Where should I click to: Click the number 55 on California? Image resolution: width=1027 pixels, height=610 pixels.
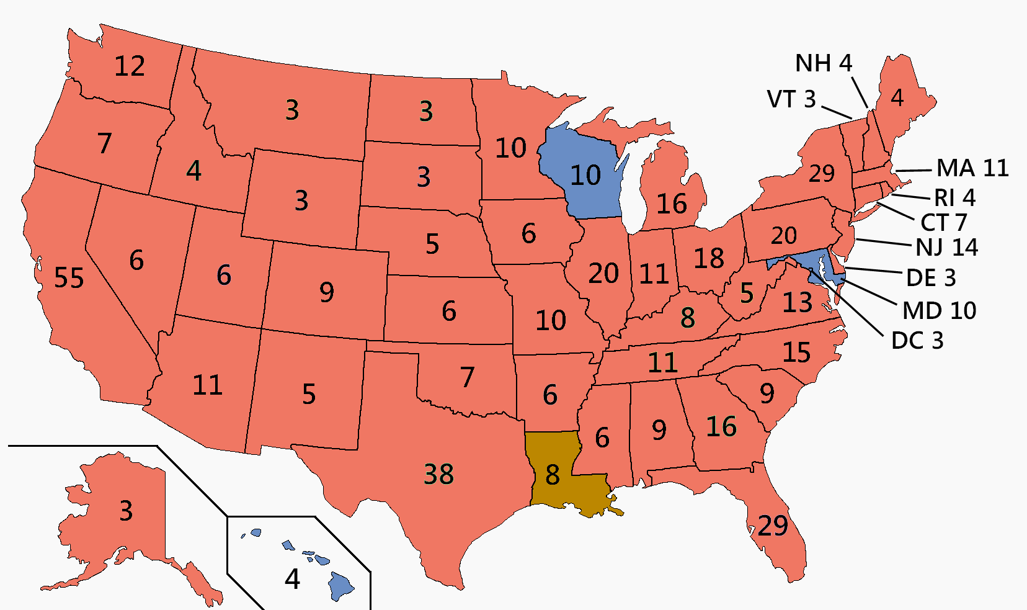click(x=69, y=277)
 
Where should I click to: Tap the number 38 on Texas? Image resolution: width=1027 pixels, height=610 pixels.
click(x=439, y=474)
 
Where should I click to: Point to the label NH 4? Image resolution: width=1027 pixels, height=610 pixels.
click(x=824, y=63)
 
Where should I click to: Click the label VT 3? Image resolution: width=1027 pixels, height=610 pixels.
click(x=791, y=99)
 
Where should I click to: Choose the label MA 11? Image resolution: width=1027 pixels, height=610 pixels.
click(x=972, y=168)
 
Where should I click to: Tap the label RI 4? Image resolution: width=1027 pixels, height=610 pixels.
click(x=955, y=198)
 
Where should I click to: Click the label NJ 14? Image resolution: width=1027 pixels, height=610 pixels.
click(x=947, y=248)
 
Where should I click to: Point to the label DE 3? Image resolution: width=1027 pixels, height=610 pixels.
click(x=931, y=277)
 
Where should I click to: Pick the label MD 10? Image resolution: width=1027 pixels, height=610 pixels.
click(x=939, y=310)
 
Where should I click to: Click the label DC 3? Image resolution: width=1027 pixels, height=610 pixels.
click(x=917, y=341)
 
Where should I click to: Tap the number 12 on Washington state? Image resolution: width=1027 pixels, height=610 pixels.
click(x=130, y=66)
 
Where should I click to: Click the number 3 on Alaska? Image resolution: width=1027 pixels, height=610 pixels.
click(x=126, y=511)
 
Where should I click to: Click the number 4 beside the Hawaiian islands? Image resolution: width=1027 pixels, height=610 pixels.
click(x=293, y=579)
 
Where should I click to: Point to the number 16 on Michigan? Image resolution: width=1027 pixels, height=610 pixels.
click(x=672, y=204)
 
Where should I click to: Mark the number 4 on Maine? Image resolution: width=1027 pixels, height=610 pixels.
click(x=897, y=97)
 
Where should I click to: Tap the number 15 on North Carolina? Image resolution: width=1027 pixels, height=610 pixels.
click(x=796, y=352)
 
